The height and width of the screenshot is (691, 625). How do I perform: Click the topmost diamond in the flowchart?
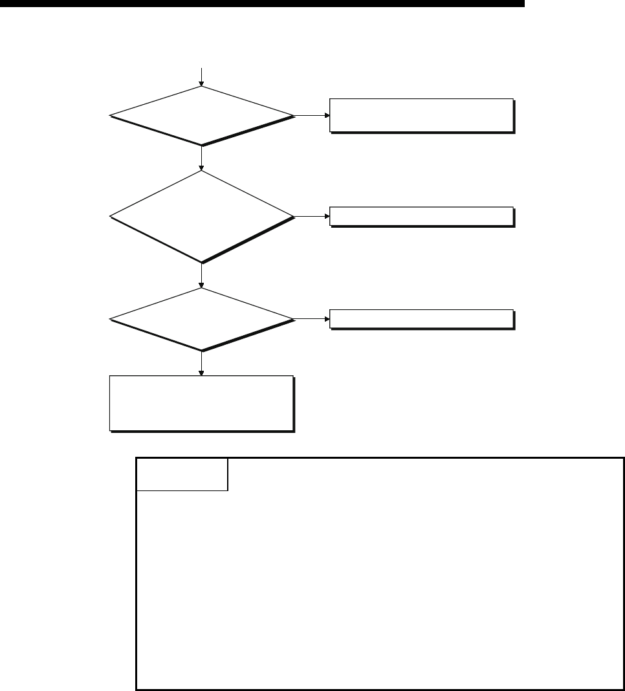(x=202, y=116)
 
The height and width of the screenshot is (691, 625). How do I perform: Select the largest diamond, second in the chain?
(x=202, y=217)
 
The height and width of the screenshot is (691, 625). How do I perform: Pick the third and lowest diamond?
(x=202, y=320)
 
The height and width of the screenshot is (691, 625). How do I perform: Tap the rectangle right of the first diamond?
(x=421, y=116)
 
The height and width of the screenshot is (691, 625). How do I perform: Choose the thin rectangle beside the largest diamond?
(x=421, y=217)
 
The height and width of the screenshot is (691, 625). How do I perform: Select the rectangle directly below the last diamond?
(x=202, y=403)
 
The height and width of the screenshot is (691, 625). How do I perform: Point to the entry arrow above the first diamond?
(x=202, y=76)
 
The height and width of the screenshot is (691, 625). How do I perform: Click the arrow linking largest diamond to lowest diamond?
(x=202, y=276)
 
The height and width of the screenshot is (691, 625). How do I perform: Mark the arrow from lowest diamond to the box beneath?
(x=202, y=364)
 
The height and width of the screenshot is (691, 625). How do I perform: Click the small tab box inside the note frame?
(x=182, y=474)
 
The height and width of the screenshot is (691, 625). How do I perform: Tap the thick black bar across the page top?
(x=261, y=4)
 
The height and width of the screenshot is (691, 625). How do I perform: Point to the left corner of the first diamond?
(x=111, y=116)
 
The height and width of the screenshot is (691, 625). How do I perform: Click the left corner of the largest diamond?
(x=111, y=217)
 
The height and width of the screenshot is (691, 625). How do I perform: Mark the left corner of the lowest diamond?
(x=111, y=320)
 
